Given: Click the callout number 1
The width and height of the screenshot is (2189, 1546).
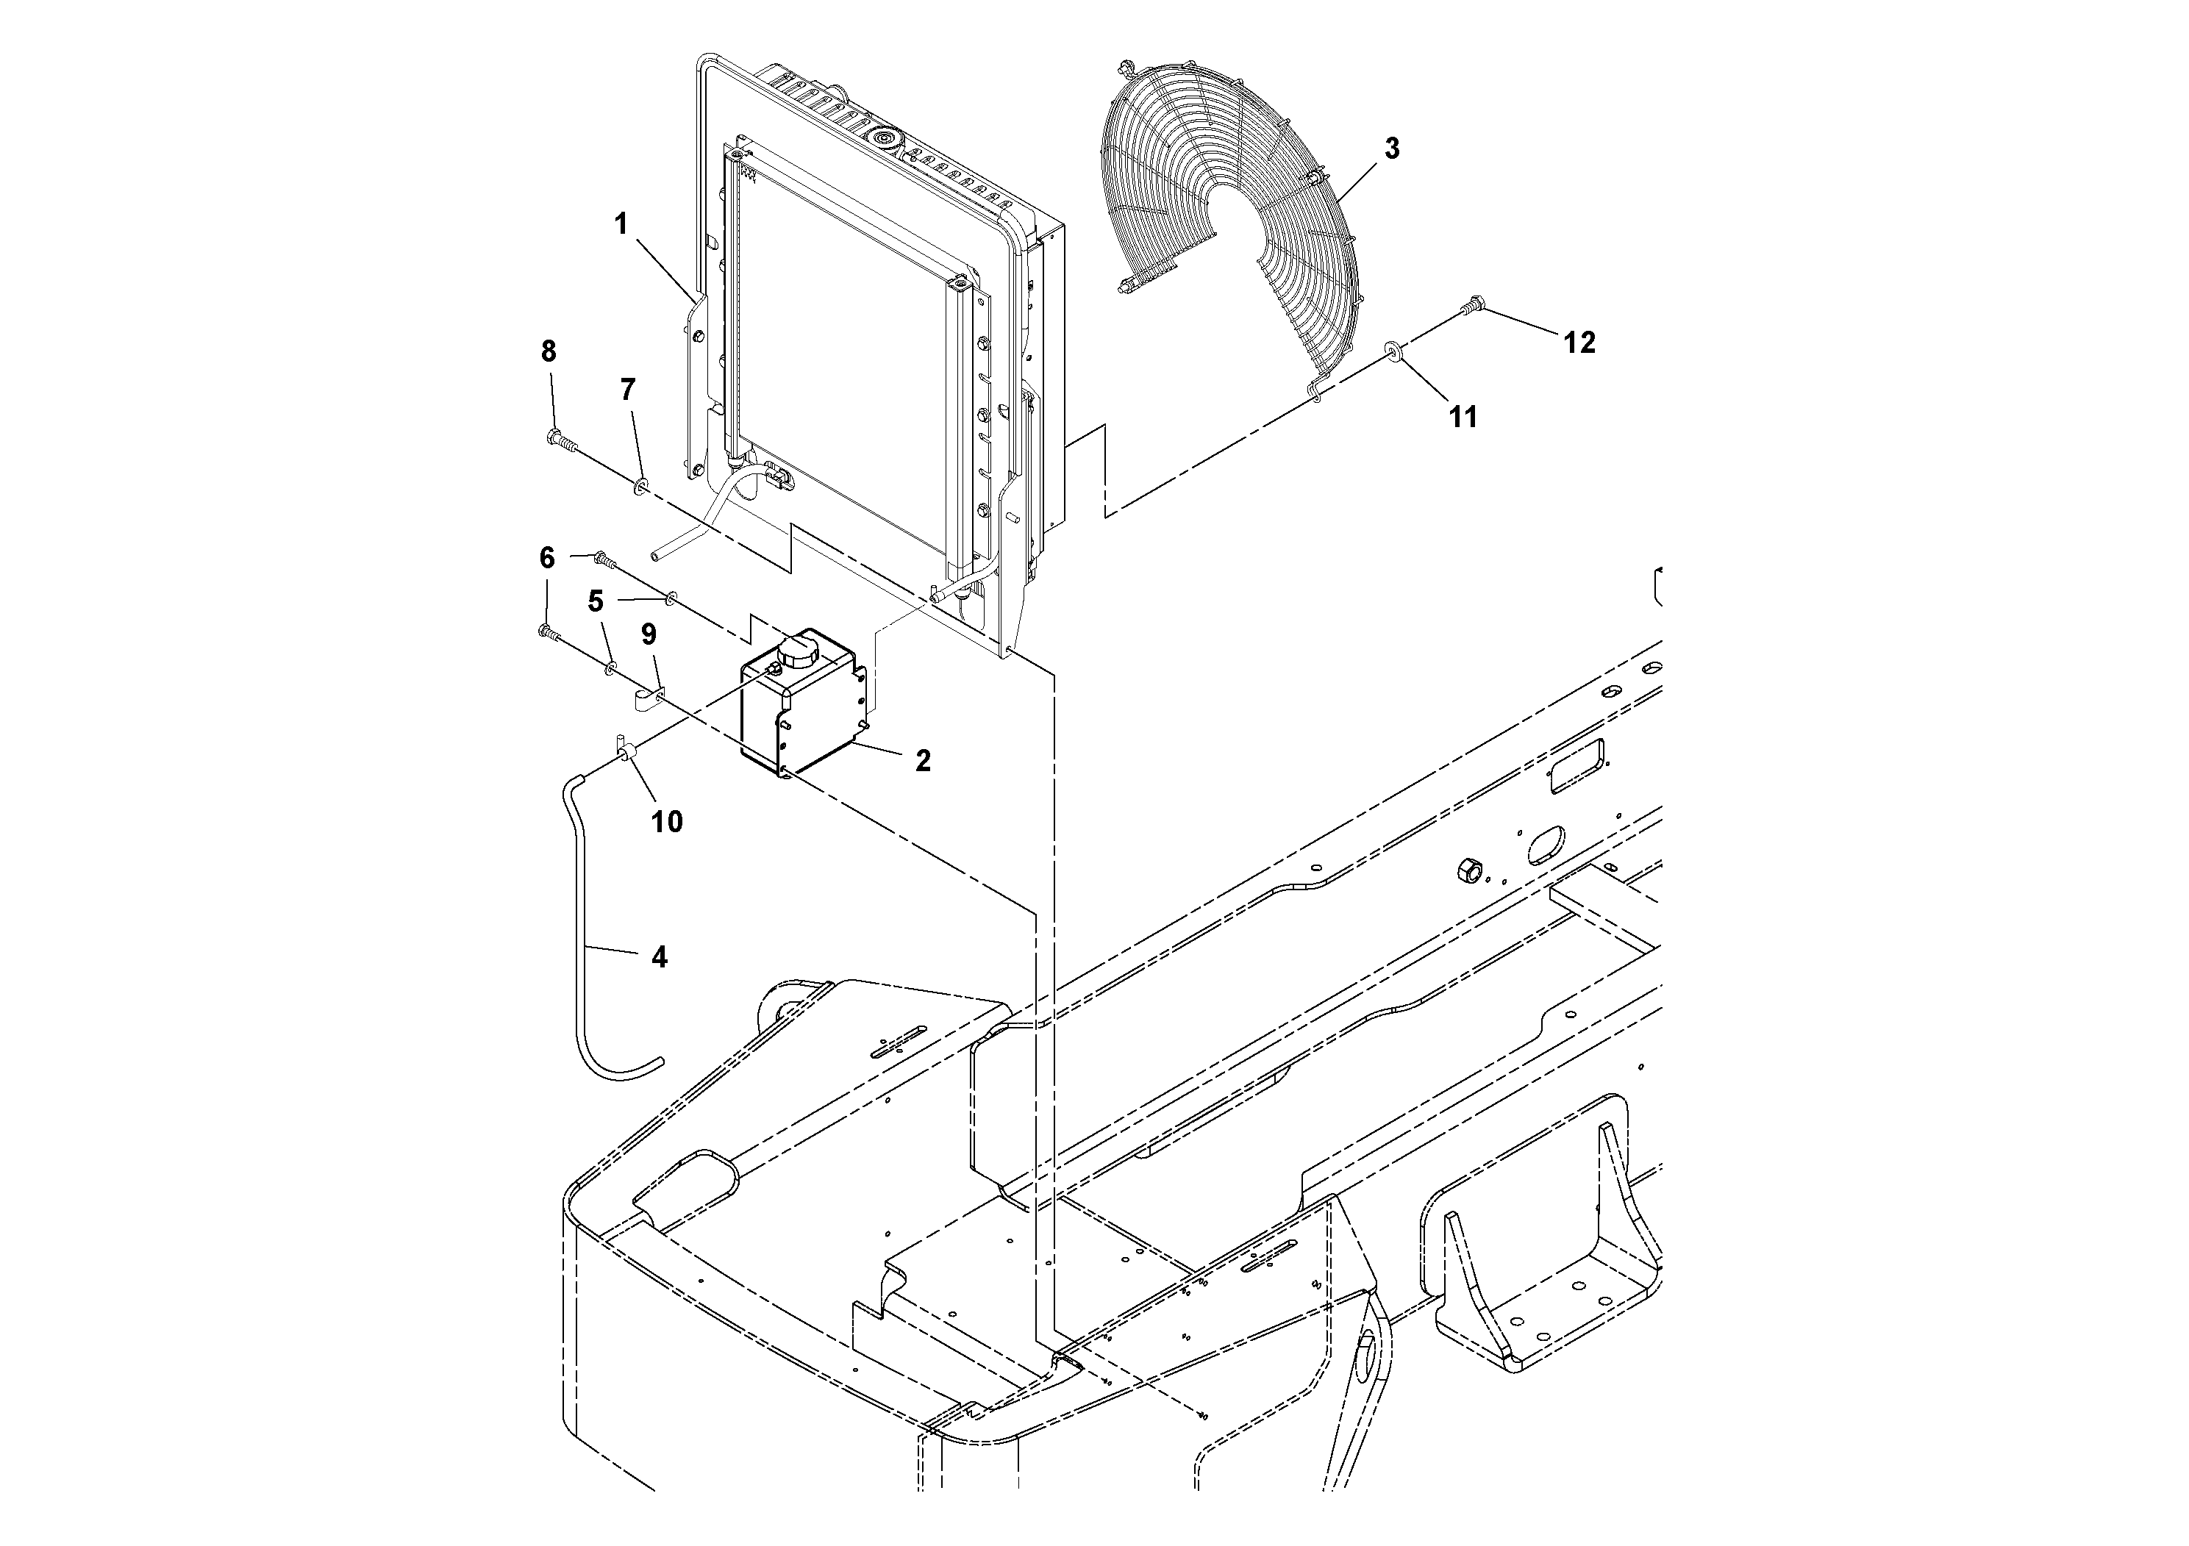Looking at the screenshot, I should tap(621, 225).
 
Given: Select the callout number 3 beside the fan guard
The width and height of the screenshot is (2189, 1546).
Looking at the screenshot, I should tap(1391, 148).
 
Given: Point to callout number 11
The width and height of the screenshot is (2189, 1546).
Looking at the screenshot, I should tap(1463, 417).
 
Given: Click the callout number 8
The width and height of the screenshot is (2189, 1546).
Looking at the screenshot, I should tap(549, 351).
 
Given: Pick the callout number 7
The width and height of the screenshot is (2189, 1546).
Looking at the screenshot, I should tap(626, 389).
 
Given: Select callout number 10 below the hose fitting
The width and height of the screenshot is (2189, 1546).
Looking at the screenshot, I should tap(666, 822).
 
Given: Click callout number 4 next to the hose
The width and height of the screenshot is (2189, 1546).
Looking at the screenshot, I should tap(659, 957).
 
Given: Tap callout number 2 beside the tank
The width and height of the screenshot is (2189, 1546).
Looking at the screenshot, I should tap(922, 761).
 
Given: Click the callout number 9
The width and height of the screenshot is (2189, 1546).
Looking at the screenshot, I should tap(649, 634).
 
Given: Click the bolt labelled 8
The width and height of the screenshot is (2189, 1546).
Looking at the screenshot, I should tap(560, 440).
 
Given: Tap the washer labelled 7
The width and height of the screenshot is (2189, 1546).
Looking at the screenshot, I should tap(640, 487).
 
